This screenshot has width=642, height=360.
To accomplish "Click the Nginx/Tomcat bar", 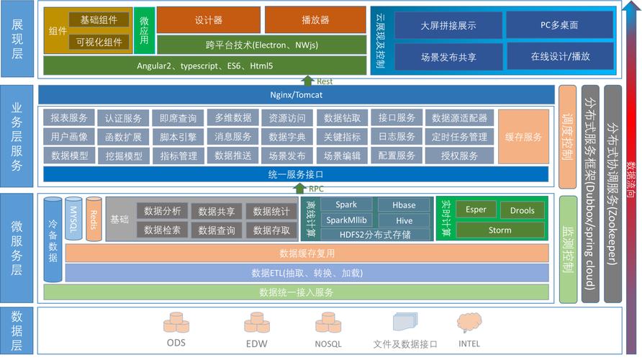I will [297, 95].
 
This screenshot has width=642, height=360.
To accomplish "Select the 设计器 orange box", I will [208, 20].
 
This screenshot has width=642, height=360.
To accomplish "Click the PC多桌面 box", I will [559, 25].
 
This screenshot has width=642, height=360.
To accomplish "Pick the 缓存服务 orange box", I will [523, 137].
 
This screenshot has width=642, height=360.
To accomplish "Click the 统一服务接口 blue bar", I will [297, 174].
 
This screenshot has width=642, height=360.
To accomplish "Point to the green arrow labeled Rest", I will [308, 80].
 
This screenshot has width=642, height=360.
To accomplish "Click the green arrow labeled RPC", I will [299, 189].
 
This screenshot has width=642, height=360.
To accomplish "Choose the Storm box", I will [499, 230].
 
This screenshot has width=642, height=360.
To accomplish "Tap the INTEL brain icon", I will [469, 323].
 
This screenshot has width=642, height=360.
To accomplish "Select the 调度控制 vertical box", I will [568, 137].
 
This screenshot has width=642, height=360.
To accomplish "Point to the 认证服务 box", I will [123, 118].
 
